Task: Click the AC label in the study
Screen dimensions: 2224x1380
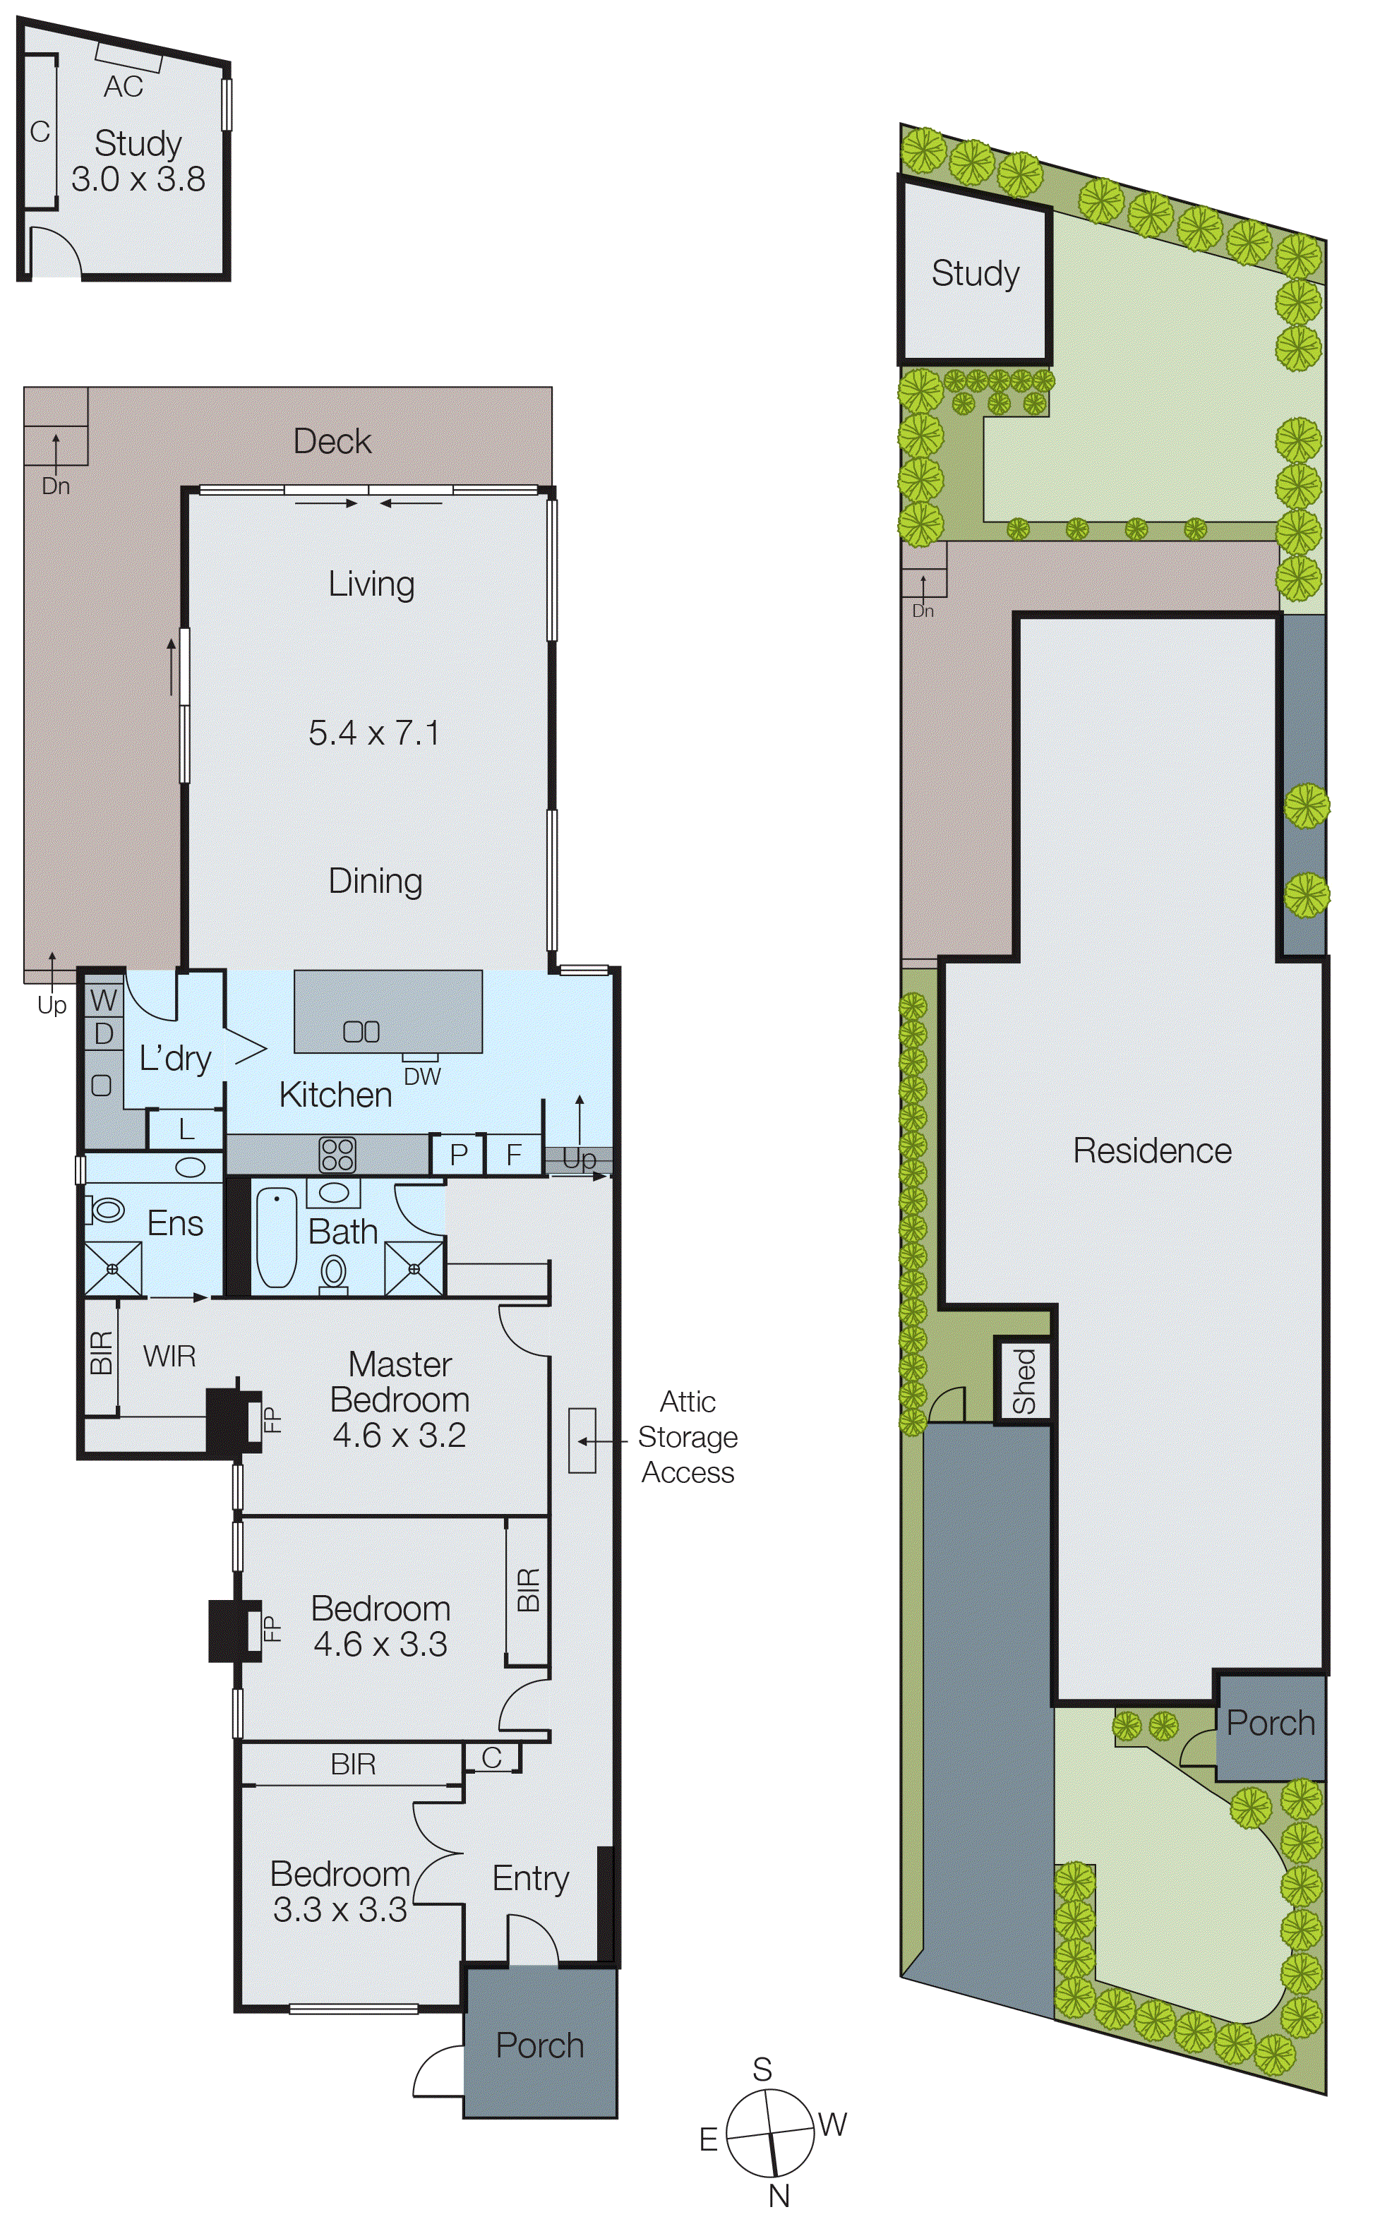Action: coord(124,87)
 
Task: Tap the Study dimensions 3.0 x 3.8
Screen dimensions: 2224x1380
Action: coord(138,179)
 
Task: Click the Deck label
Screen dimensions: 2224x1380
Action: coord(332,442)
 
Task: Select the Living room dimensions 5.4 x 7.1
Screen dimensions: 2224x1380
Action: coord(374,733)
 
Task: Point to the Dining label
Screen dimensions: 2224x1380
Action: coord(375,881)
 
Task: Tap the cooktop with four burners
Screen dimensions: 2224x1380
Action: coord(337,1155)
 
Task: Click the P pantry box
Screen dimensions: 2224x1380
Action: coord(458,1155)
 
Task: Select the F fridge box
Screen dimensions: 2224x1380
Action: coord(514,1155)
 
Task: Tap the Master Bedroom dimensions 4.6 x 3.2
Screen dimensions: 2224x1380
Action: coord(399,1436)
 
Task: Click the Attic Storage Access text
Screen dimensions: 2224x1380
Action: coord(688,1436)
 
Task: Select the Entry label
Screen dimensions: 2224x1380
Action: coord(530,1878)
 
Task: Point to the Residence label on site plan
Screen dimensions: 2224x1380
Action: coord(1152,1150)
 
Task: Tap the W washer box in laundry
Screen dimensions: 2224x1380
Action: coord(103,1000)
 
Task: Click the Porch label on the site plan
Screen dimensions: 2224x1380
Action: coord(1270,1724)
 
